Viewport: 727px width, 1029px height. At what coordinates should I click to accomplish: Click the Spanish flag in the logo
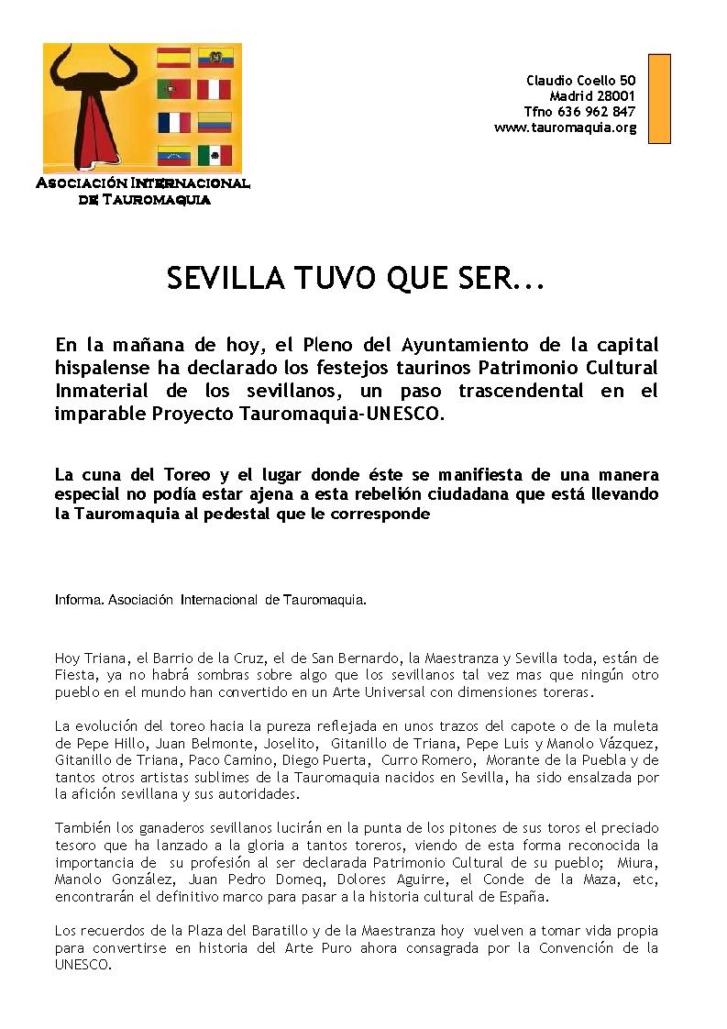[x=173, y=59]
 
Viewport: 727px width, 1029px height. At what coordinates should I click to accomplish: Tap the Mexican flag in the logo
[x=215, y=155]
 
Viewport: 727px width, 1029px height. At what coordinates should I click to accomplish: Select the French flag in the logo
[x=173, y=123]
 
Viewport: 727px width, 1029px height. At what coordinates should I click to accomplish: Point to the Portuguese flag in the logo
[x=173, y=90]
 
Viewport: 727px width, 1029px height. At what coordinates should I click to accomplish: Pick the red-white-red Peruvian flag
[x=215, y=90]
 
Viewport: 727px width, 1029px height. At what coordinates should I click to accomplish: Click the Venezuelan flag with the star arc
[x=173, y=155]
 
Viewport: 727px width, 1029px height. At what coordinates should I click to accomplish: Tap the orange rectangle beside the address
[x=659, y=98]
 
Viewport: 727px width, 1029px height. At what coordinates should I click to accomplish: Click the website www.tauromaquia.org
[x=565, y=127]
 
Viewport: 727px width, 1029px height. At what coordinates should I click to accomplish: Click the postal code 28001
[x=614, y=96]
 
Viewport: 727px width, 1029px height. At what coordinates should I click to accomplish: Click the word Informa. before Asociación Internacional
[x=80, y=601]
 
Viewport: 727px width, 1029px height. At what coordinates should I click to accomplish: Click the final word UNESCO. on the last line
[x=83, y=964]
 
